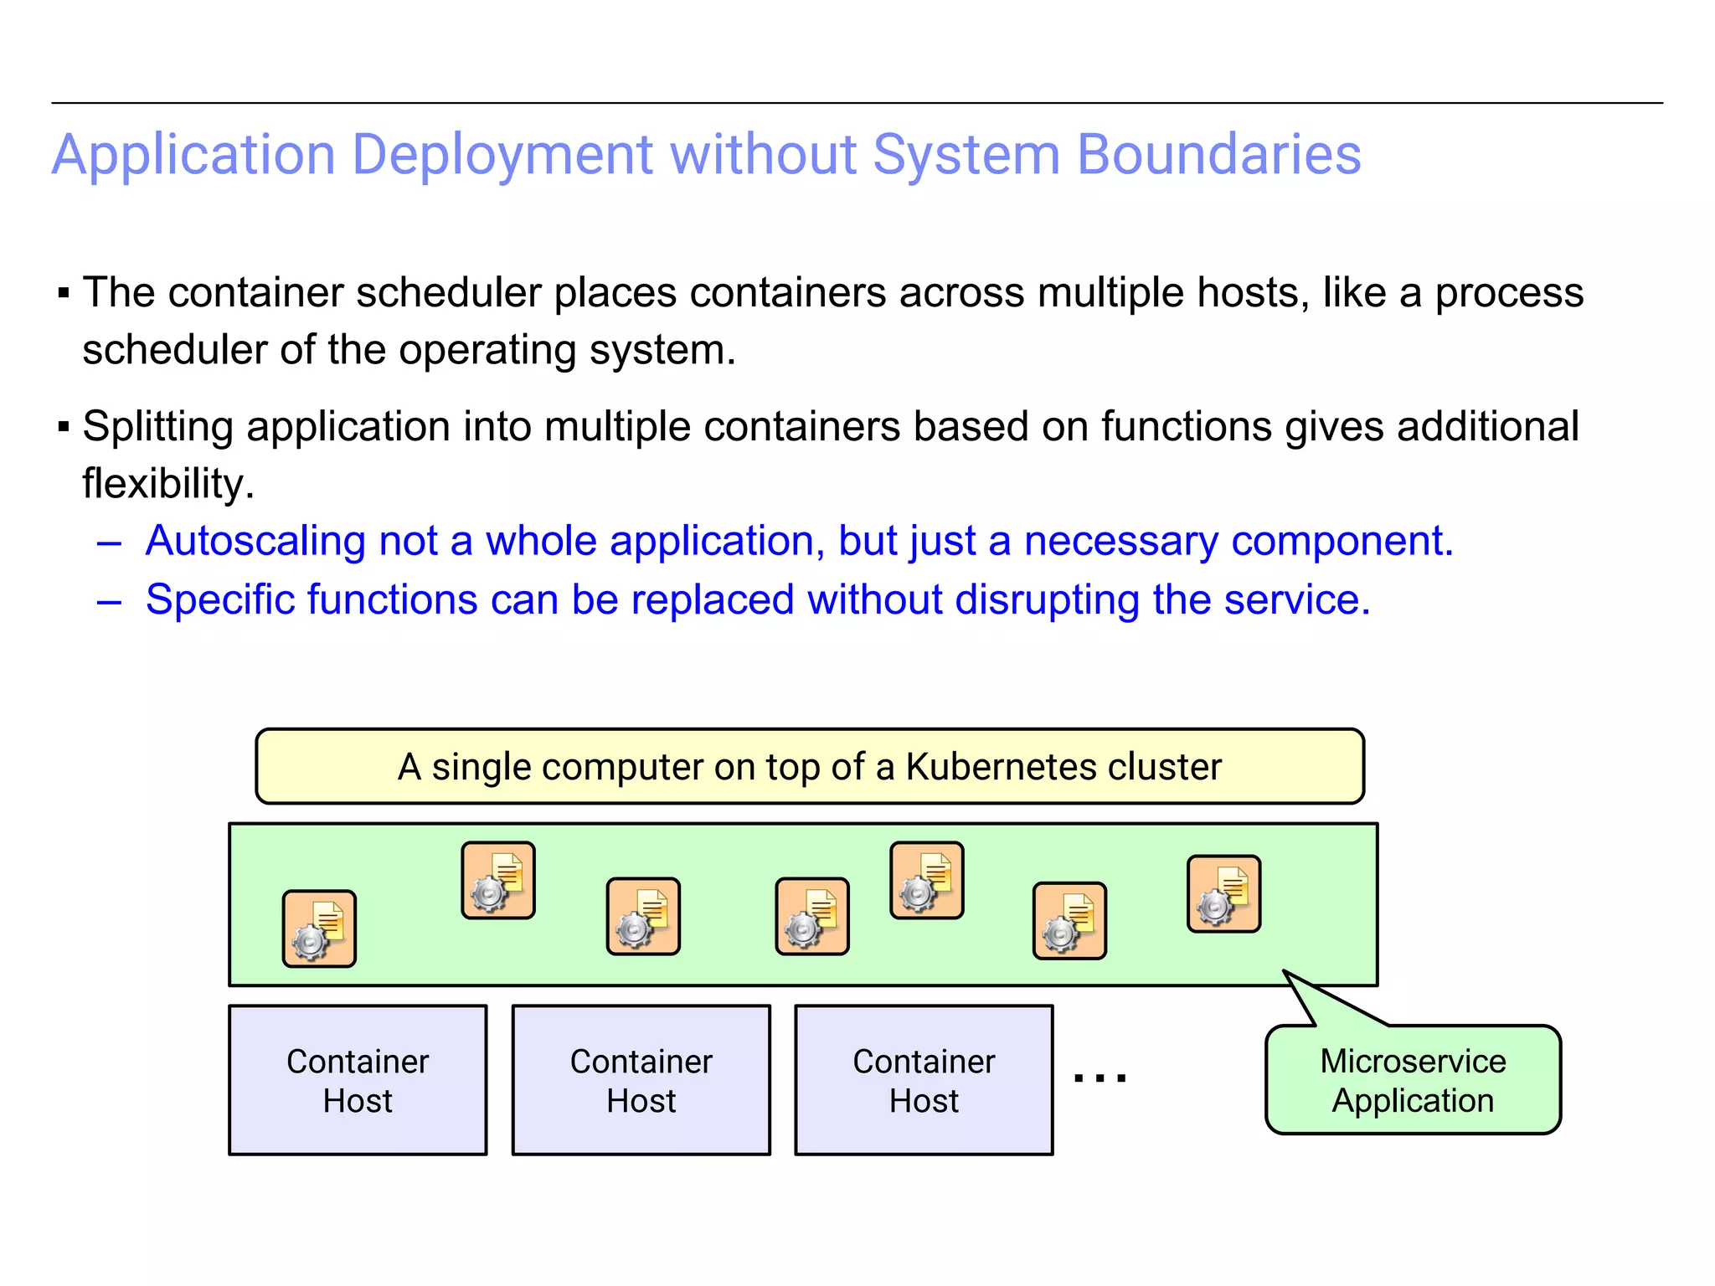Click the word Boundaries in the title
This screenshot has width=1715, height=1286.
click(x=1218, y=156)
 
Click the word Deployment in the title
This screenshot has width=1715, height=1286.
click(x=502, y=156)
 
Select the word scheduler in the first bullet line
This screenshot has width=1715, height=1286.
click(x=449, y=294)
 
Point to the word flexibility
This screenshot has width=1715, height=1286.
click(x=167, y=485)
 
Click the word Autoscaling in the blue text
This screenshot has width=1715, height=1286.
click(x=255, y=542)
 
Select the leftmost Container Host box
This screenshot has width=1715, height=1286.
click(x=358, y=1080)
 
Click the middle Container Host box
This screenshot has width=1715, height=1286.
click(x=641, y=1080)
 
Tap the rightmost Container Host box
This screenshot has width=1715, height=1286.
click(x=924, y=1080)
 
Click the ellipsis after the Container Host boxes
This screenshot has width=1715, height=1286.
click(x=1100, y=1078)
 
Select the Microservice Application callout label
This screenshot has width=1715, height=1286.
click(x=1413, y=1081)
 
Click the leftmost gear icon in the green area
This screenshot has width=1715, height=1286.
click(x=319, y=929)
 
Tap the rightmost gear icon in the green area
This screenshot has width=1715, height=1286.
click(x=1223, y=894)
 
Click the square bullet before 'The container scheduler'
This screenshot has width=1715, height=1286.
click(x=64, y=294)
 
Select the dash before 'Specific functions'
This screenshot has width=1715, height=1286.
click(x=110, y=602)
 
